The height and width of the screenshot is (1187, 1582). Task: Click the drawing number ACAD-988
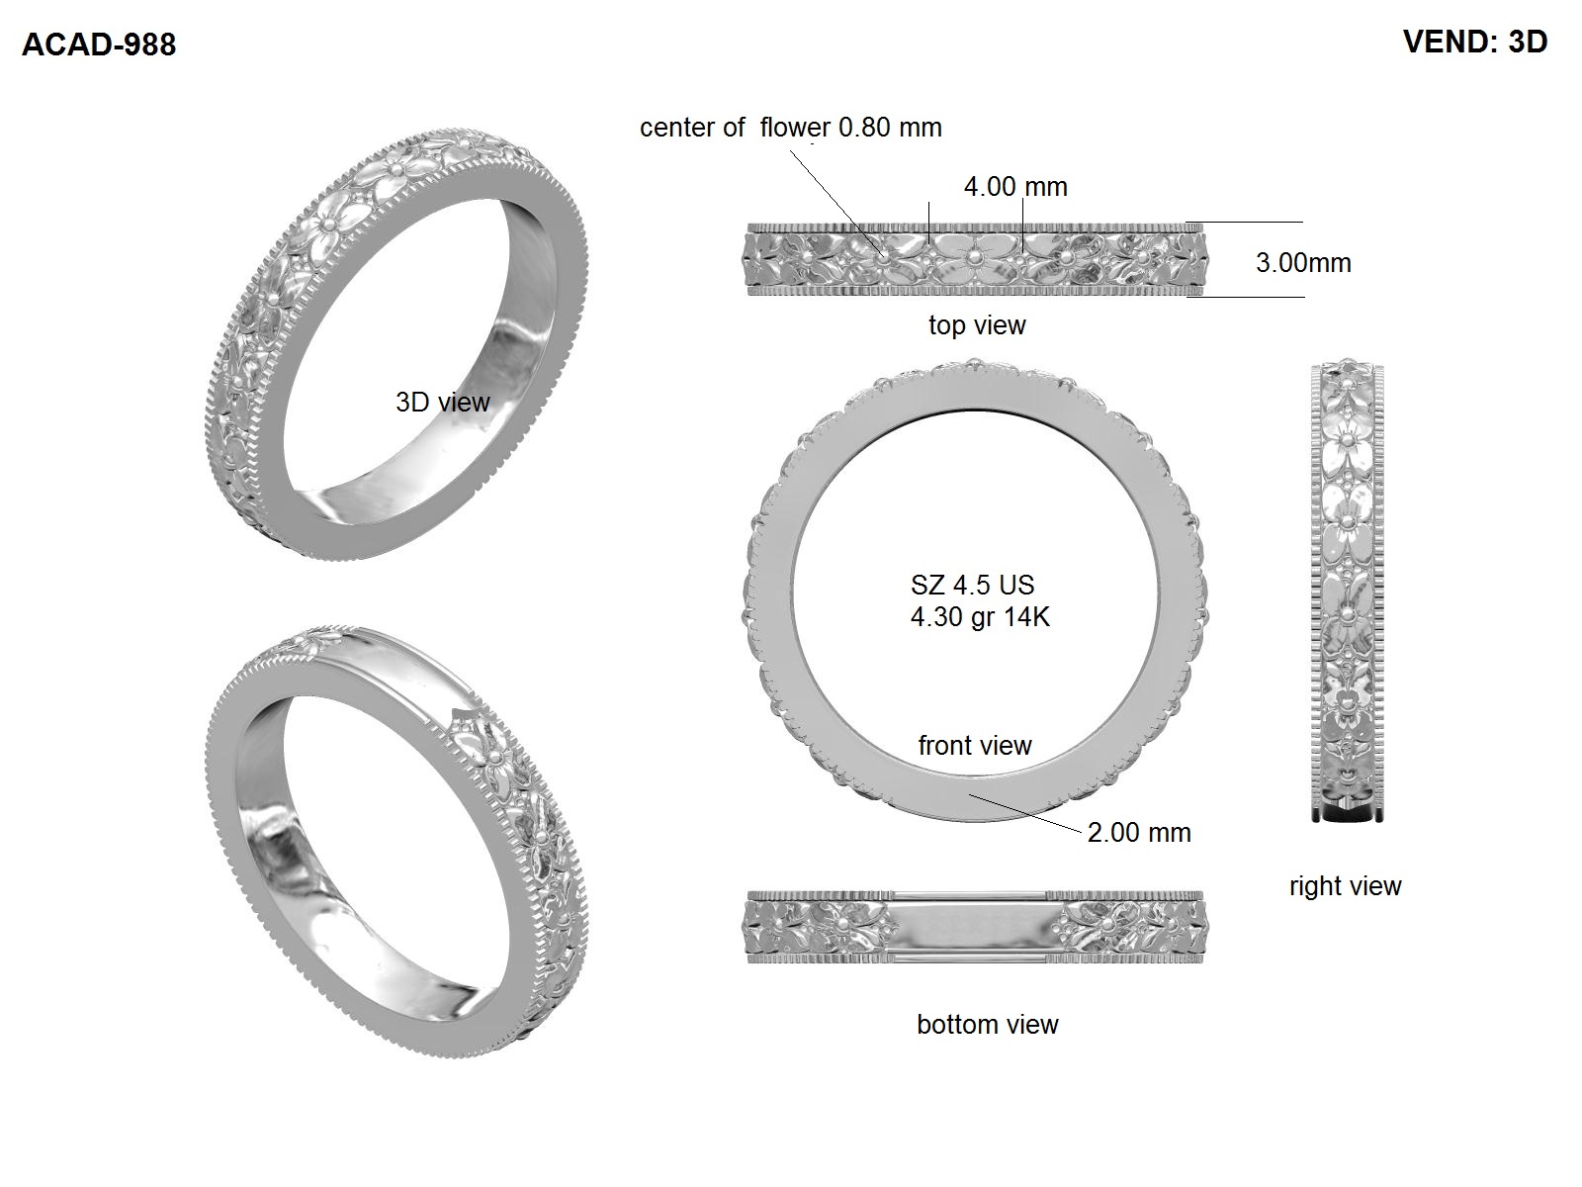click(x=99, y=45)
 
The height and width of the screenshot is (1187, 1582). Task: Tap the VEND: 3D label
click(x=1475, y=42)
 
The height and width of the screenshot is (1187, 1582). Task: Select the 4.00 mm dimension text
click(x=1015, y=187)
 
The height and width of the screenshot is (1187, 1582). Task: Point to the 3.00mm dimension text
click(x=1303, y=263)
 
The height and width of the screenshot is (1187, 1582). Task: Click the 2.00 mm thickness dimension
click(x=1139, y=833)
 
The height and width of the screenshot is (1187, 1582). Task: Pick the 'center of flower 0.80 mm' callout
click(x=791, y=128)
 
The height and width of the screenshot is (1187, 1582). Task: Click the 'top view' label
click(x=977, y=325)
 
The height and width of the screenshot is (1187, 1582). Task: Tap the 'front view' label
click(x=975, y=745)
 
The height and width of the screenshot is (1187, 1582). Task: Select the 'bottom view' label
click(x=988, y=1024)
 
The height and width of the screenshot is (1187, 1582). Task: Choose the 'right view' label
click(x=1345, y=885)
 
